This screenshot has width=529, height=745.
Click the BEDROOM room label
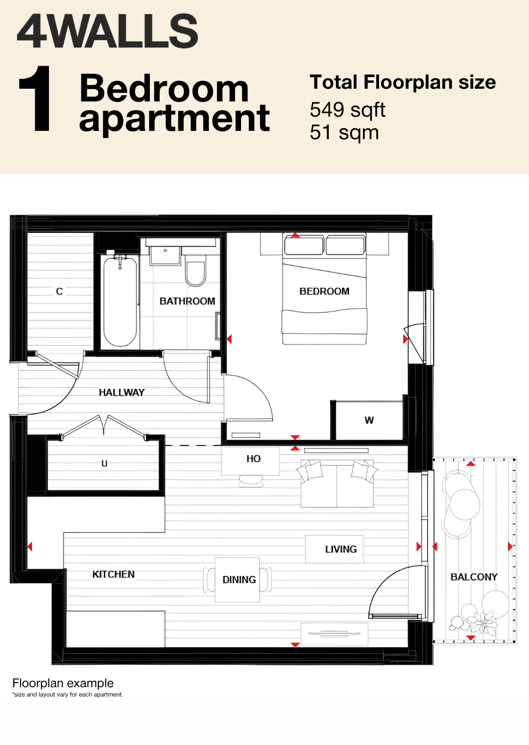pos(324,291)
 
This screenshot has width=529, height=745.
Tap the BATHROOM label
pos(188,301)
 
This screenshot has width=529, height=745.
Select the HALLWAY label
pos(121,393)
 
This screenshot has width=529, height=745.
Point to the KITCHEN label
pos(113,574)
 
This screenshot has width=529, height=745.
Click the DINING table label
pos(239,580)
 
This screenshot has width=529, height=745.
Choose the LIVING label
pos(341,549)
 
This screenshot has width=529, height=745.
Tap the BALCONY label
pos(474,577)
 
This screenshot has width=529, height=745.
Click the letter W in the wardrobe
pos(369,421)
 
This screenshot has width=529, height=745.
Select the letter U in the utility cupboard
pos(104,464)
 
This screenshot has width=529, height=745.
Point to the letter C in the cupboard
pos(59,291)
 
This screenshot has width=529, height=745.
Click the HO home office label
pos(254,459)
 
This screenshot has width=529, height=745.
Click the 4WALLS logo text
pos(108,31)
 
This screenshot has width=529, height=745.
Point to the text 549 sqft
pos(347,110)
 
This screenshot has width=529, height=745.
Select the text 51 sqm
pos(344,132)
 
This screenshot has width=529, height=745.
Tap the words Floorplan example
pos(63,683)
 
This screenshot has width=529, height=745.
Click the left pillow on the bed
pos(304,245)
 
